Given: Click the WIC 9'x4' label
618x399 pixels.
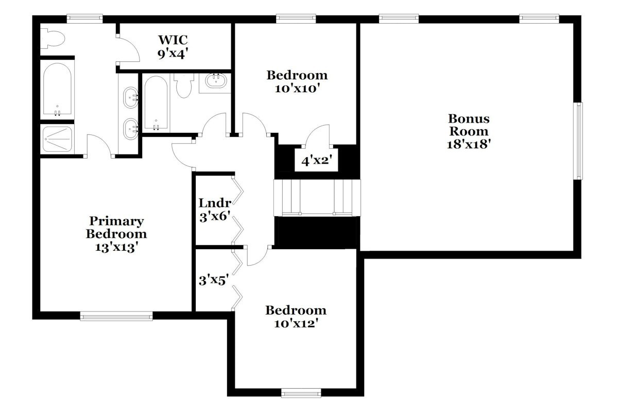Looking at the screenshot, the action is [x=173, y=47].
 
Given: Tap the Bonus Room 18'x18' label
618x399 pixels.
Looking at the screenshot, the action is [x=469, y=131].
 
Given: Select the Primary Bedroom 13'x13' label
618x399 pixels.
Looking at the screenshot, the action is [x=116, y=234].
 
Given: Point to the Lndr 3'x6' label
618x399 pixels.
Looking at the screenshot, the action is [x=215, y=210].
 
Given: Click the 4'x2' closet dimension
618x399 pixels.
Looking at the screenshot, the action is [x=316, y=161].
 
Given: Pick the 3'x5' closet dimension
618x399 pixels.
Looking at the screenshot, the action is [x=214, y=281].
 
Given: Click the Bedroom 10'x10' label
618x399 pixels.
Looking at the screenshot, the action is [x=297, y=82].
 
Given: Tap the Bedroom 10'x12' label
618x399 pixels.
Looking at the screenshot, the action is [x=296, y=317].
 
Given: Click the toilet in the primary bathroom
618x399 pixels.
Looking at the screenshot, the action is [x=53, y=38].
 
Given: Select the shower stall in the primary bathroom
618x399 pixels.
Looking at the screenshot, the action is [x=57, y=139].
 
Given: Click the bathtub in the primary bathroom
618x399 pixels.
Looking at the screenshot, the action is [x=57, y=89].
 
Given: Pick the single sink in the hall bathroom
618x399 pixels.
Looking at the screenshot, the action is [x=216, y=80].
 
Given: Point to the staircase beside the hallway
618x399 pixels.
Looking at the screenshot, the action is [x=317, y=197].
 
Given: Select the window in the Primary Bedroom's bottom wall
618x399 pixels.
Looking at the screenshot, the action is [x=116, y=316].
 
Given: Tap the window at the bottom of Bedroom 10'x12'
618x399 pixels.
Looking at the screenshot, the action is [x=301, y=393].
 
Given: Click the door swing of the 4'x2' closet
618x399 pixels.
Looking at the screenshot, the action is [x=317, y=135].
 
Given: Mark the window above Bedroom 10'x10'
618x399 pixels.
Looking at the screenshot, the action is [x=296, y=19].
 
